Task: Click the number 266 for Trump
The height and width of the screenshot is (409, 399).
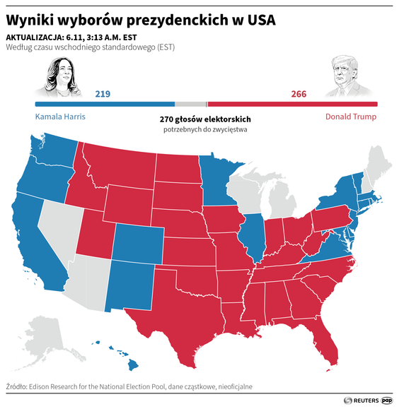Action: [x=299, y=93]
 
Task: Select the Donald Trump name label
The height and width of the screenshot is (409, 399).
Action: [x=351, y=117]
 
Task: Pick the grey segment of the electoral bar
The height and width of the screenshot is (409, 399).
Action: [x=190, y=104]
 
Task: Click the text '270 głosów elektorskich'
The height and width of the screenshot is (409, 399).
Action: [x=205, y=120]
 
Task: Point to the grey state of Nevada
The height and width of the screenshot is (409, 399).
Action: [x=60, y=226]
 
